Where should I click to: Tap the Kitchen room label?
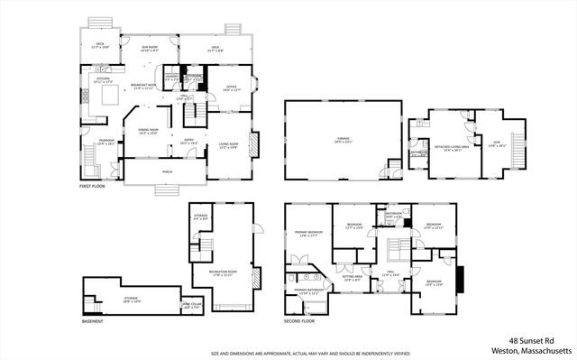point(104,80)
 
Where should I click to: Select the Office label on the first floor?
point(232,88)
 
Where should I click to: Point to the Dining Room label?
point(147,132)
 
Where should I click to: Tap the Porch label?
point(167,171)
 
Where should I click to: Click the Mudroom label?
point(105,143)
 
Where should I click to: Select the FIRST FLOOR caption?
point(92,186)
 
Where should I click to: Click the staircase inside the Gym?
point(519,143)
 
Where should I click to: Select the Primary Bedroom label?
point(307,233)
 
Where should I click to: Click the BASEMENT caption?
point(92,321)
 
